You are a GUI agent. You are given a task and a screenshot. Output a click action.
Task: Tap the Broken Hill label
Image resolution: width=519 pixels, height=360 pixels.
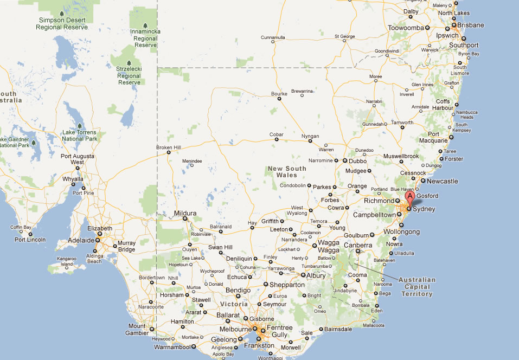coord(168,147)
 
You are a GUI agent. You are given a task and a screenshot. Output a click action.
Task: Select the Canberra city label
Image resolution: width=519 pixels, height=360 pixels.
coord(358,245)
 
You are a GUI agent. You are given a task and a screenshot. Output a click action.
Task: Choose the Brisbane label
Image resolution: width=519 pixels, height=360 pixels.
coord(470,25)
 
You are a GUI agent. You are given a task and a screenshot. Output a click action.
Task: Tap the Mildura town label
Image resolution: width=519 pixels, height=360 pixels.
coord(185,213)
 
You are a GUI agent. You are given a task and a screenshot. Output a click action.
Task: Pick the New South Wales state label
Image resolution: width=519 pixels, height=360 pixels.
coord(287,171)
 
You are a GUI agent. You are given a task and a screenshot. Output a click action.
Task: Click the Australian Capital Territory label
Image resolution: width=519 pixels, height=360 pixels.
coord(417,287)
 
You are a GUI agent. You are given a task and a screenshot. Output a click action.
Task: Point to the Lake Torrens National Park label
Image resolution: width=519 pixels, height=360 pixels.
coord(79,136)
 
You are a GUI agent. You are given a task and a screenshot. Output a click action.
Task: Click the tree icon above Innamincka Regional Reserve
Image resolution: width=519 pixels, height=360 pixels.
coord(145,25)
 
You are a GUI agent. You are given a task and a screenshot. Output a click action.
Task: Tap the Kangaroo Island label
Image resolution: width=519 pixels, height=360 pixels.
coord(67,261)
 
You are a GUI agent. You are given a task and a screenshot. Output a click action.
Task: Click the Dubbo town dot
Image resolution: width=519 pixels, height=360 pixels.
coord(344,160)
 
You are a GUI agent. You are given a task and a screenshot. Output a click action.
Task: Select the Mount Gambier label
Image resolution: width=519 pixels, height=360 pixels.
coord(137,329)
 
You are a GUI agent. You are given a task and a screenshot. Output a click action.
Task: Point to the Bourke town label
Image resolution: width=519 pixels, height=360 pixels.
coord(279,94)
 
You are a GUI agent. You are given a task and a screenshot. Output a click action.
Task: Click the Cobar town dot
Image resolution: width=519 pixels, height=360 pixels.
coord(277,139)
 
